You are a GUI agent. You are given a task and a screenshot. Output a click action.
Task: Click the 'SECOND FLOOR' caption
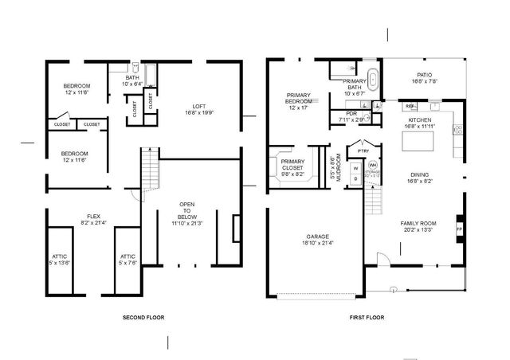coord(143,317)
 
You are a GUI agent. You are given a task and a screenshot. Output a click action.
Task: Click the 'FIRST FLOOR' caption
coord(367,317)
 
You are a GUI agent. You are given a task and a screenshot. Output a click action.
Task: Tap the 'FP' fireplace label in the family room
coord(458,229)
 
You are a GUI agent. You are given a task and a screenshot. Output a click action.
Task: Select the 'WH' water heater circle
coord(372,165)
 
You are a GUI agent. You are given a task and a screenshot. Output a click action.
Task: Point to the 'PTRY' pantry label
coord(363,151)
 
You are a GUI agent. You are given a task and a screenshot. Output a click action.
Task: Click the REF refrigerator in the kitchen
coord(410,105)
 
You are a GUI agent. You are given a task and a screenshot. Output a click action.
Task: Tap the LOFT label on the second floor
coord(199,109)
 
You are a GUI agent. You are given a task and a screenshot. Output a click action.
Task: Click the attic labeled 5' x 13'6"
coord(60,259)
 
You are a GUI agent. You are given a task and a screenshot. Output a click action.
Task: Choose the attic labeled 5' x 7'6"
coord(127,259)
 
